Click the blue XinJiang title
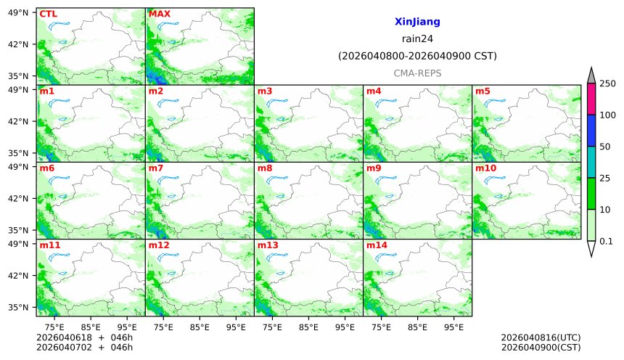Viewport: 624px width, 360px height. [x=417, y=22]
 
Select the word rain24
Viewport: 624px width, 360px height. [x=417, y=39]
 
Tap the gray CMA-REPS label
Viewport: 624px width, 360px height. [x=417, y=73]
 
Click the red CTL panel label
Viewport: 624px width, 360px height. [x=48, y=14]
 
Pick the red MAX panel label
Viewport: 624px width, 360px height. [x=159, y=14]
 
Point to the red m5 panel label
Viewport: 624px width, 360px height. [x=483, y=91]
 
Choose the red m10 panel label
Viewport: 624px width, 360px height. [x=485, y=168]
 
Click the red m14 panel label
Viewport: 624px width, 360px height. [x=376, y=245]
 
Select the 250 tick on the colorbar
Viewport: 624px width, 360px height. [x=607, y=84]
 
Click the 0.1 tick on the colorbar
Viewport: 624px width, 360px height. [x=607, y=241]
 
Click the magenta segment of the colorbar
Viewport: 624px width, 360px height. [x=591, y=99]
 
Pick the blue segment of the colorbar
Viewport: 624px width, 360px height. [x=591, y=131]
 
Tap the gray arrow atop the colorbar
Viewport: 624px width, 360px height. [x=591, y=75]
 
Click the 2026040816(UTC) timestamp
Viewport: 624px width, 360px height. [x=541, y=338]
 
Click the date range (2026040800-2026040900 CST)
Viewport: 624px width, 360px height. [x=417, y=56]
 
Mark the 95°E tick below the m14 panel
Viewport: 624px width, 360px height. [x=454, y=327]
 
